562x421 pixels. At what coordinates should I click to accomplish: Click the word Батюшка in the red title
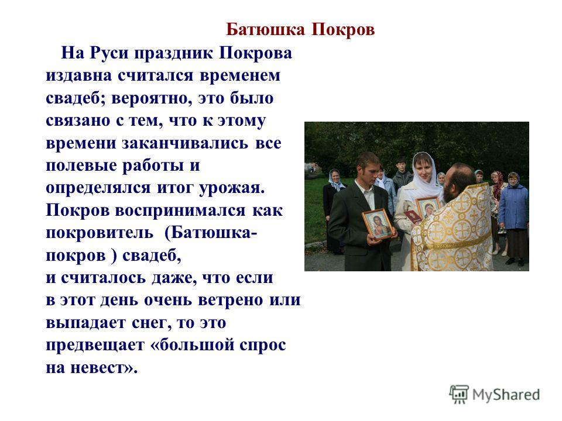[265, 29]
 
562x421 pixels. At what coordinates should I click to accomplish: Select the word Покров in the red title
[343, 29]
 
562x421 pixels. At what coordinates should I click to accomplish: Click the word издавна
[79, 76]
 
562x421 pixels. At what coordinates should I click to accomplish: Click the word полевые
[81, 166]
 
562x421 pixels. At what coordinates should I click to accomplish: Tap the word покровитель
[100, 234]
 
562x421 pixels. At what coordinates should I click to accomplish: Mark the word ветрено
[231, 301]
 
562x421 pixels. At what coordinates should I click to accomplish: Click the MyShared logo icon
[459, 395]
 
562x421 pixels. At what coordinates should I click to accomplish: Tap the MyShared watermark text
[506, 395]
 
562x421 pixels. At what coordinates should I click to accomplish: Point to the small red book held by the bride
[413, 216]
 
